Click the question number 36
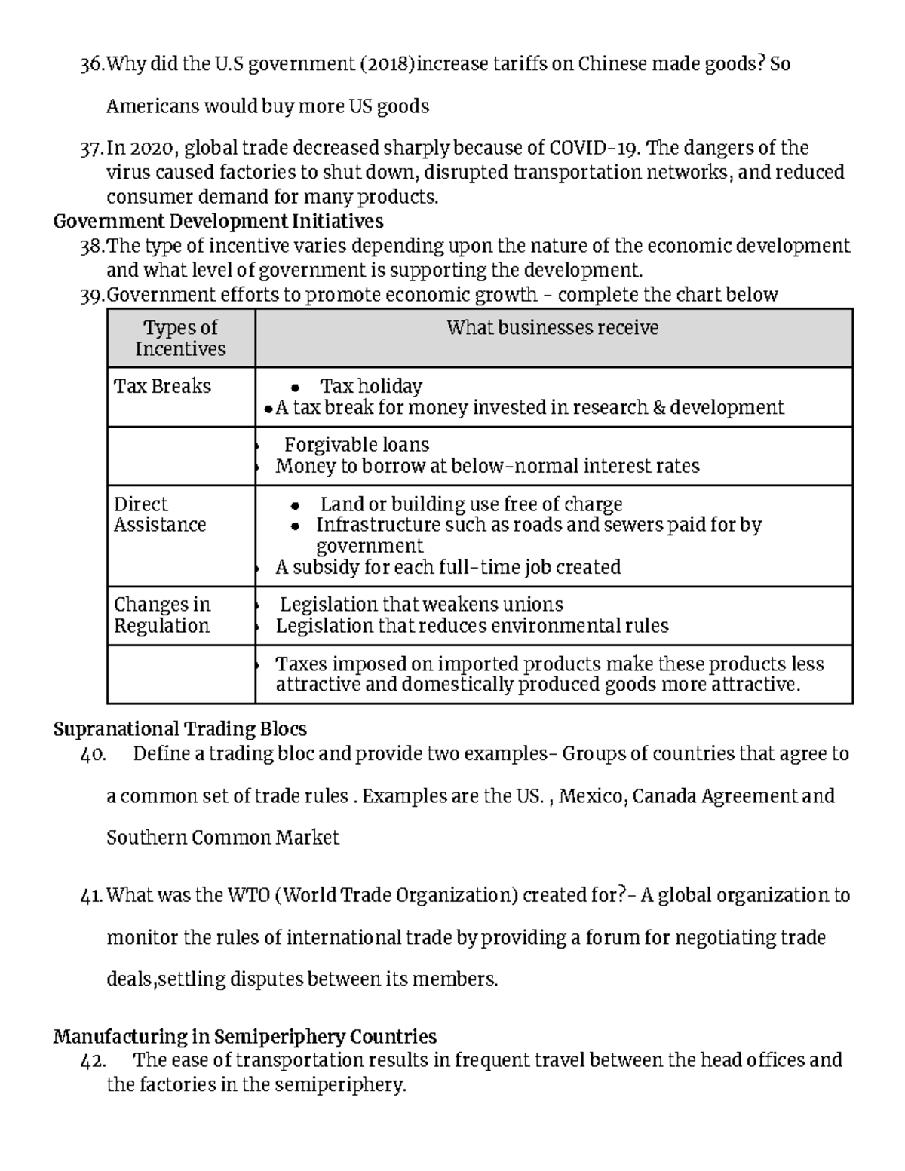coord(92,65)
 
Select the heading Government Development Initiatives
coord(218,222)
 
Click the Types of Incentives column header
coord(180,338)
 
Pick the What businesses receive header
coord(552,328)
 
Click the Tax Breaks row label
coord(162,386)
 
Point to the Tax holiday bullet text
coord(370,386)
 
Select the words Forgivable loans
coord(356,445)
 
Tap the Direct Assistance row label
coord(159,514)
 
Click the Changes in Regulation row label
coord(161,615)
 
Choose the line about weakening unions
coord(421,605)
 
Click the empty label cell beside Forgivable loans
coord(181,455)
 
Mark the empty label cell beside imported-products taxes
coord(181,674)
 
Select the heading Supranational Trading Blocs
coord(180,729)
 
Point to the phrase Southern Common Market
coord(222,838)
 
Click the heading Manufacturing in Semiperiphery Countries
coord(245,1037)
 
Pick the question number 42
coord(94,1061)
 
